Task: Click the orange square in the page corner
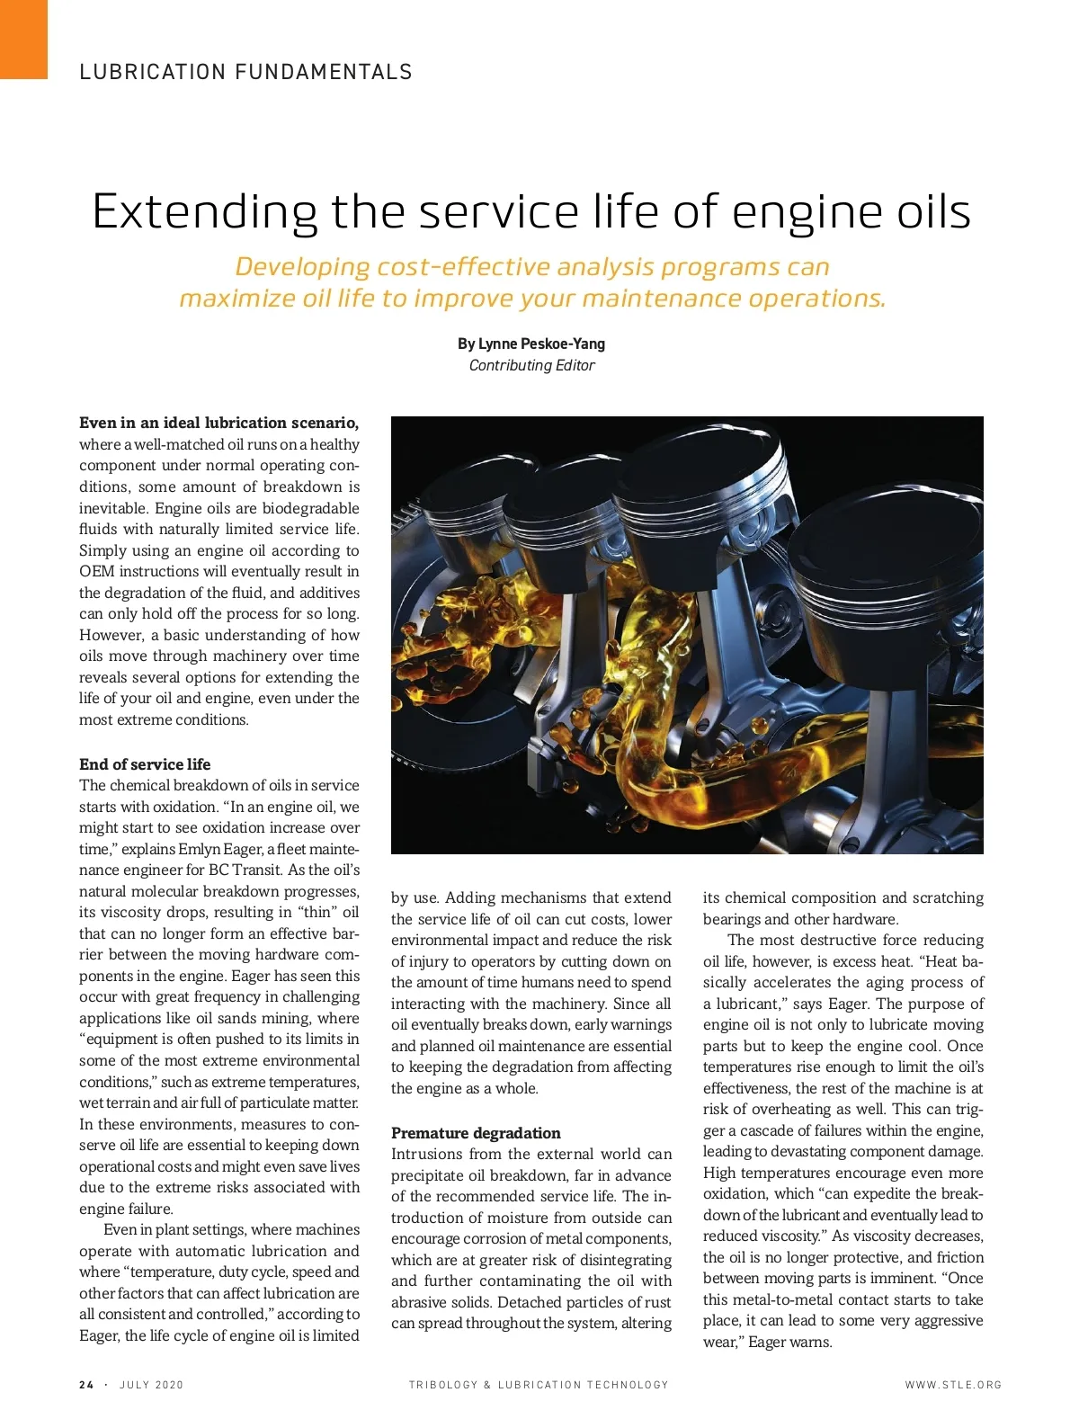(x=22, y=39)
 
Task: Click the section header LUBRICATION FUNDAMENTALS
(x=245, y=72)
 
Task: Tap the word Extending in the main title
(x=205, y=212)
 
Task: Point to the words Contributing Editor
(x=531, y=365)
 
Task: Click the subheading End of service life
(x=145, y=764)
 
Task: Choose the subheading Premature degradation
(x=476, y=1133)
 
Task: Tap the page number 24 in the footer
(x=86, y=1385)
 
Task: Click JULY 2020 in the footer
(x=151, y=1385)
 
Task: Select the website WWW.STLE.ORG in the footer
(x=953, y=1385)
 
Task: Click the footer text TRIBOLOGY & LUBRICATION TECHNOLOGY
(x=539, y=1385)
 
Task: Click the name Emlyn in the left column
(x=199, y=849)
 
